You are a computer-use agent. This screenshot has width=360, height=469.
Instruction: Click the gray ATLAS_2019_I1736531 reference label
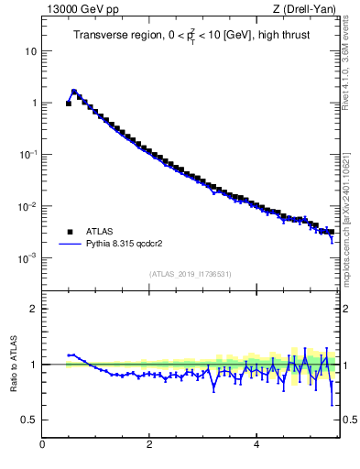click(x=190, y=274)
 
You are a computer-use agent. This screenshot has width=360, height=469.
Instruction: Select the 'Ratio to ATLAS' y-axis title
click(x=14, y=364)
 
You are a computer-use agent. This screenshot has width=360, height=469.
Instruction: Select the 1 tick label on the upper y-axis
click(x=33, y=103)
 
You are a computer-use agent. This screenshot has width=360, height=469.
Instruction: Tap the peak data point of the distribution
click(x=74, y=92)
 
